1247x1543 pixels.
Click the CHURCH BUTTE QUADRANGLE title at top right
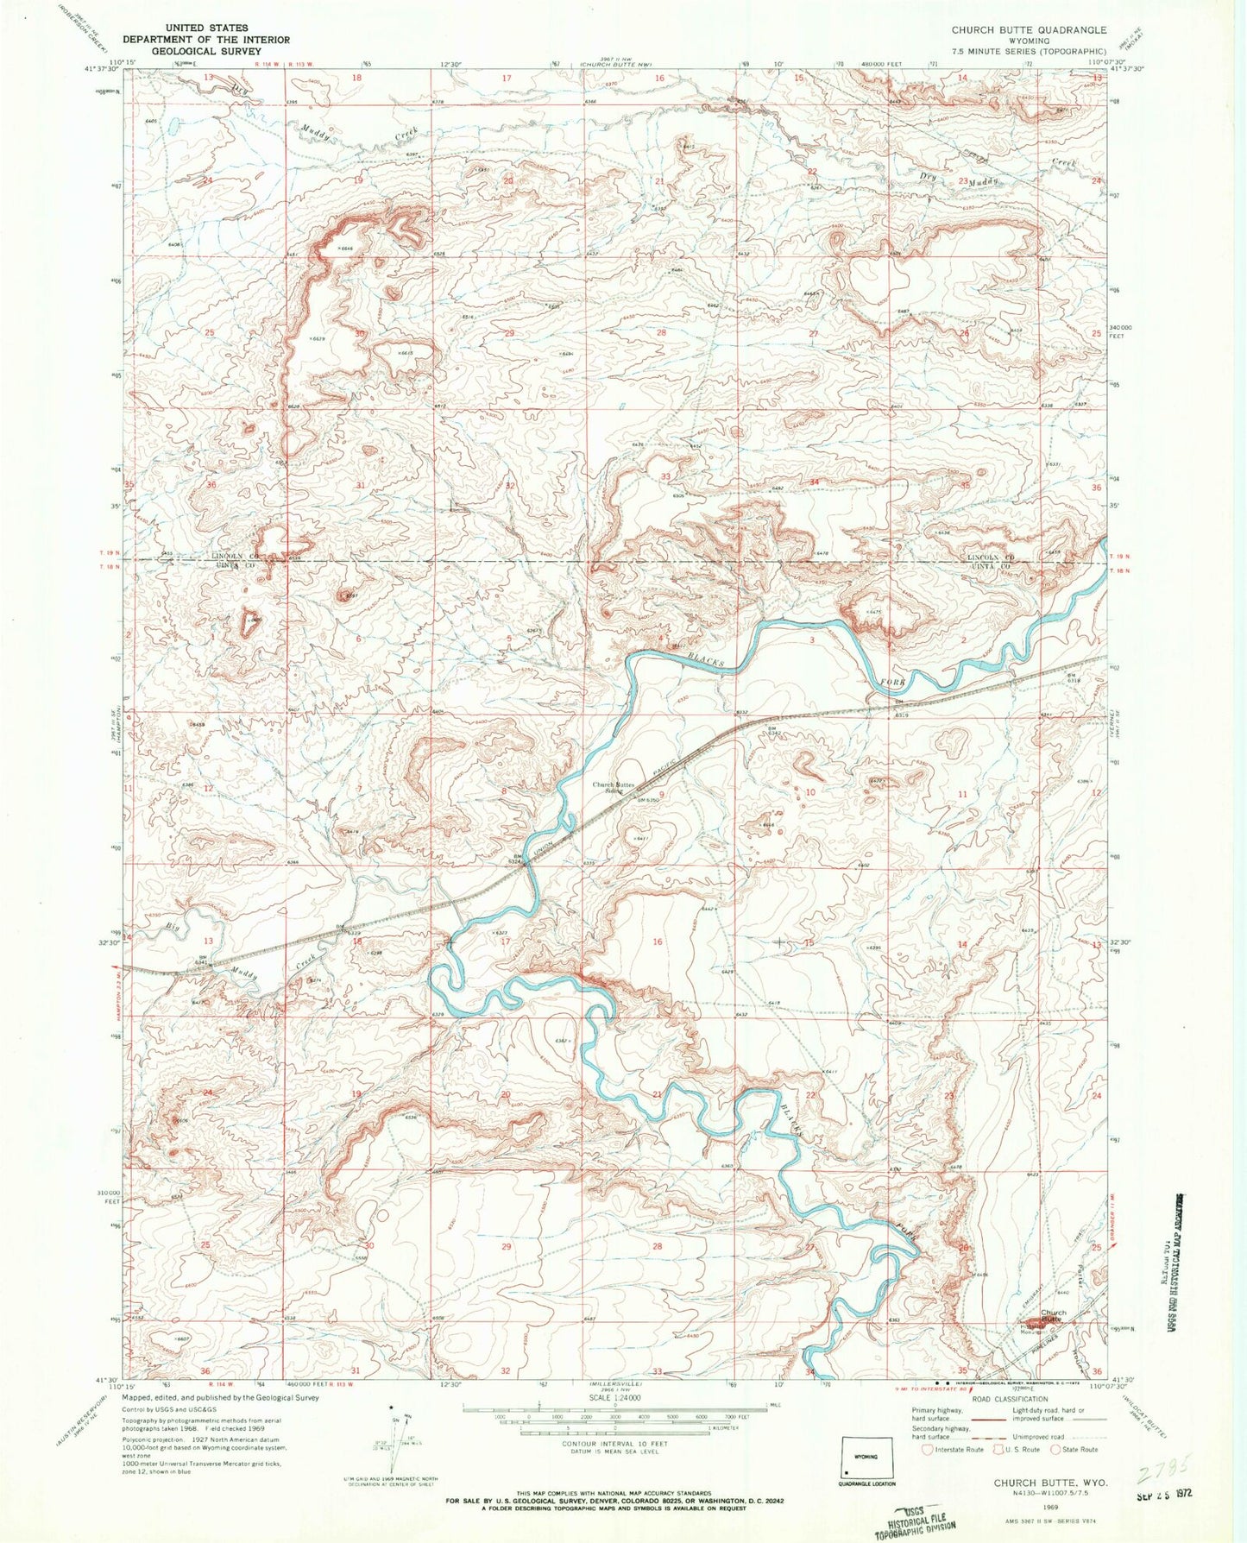coord(1029,29)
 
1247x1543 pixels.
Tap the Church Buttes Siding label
coord(614,788)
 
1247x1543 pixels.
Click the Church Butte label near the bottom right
coord(1053,1316)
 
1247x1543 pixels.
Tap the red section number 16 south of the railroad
coord(658,942)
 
